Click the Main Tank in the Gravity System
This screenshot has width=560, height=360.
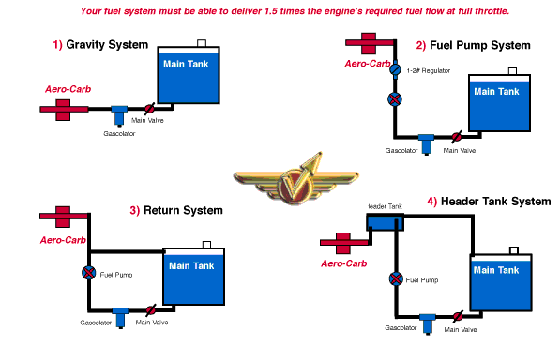pyautogui.click(x=189, y=75)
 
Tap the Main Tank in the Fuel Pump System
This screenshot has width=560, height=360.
pyautogui.click(x=499, y=103)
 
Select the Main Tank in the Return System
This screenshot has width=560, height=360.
pyautogui.click(x=193, y=277)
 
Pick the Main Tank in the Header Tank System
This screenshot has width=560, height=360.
pyautogui.click(x=501, y=282)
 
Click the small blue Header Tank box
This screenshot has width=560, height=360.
pyautogui.click(x=385, y=222)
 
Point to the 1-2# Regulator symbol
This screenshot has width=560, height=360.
pyautogui.click(x=395, y=69)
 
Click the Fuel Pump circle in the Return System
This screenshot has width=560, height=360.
pyautogui.click(x=88, y=273)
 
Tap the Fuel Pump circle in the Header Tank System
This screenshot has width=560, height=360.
pyautogui.click(x=396, y=278)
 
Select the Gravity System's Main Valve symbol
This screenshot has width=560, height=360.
pyautogui.click(x=150, y=109)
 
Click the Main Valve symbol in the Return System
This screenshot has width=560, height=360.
pyautogui.click(x=151, y=310)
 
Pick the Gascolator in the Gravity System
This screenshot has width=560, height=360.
pyautogui.click(x=119, y=115)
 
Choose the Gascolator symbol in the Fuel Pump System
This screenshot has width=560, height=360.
pyautogui.click(x=426, y=144)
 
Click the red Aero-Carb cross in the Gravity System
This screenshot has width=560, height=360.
pyautogui.click(x=63, y=110)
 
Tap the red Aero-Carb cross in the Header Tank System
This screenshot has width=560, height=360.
pyautogui.click(x=343, y=243)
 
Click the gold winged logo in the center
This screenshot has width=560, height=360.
pyautogui.click(x=296, y=179)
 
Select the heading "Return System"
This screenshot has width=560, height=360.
pyautogui.click(x=183, y=210)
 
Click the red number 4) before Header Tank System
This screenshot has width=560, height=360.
pyautogui.click(x=432, y=202)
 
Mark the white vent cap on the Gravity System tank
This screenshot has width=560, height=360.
pyautogui.click(x=202, y=43)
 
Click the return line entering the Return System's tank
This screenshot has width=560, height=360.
pyautogui.click(x=127, y=252)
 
